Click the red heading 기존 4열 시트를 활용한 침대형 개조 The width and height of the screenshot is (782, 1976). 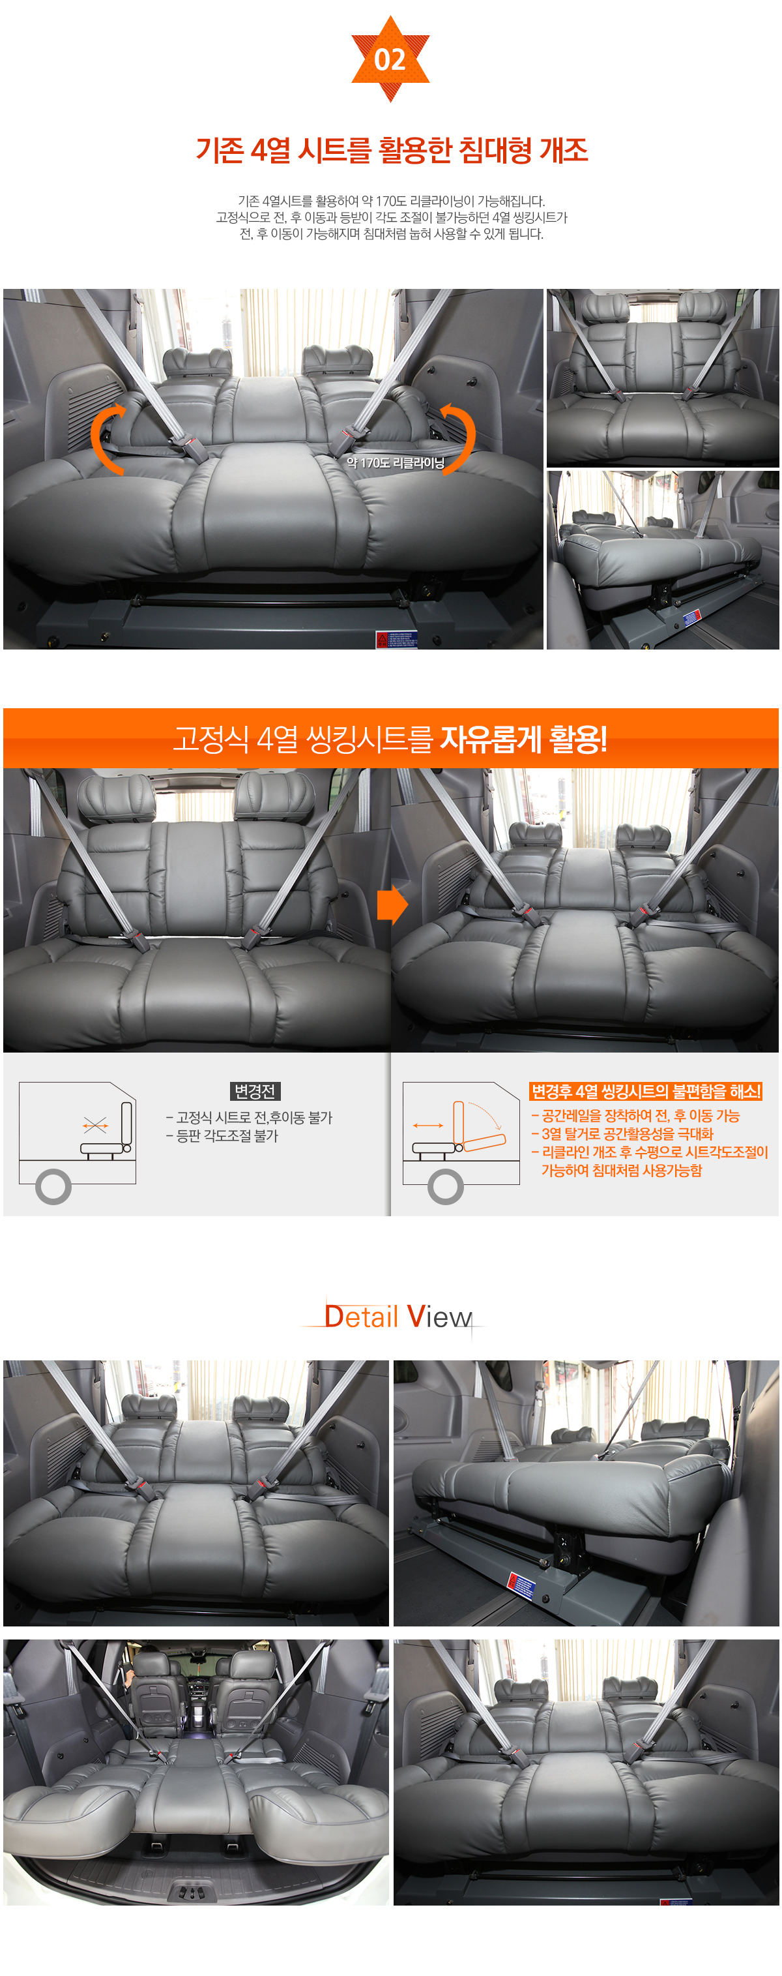click(392, 149)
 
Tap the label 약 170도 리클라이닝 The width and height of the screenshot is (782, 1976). click(395, 462)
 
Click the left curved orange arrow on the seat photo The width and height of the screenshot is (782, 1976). click(107, 438)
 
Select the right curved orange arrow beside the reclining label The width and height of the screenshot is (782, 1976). click(459, 438)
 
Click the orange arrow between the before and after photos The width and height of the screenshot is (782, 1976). click(392, 905)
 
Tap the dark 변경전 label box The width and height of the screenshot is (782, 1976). click(255, 1091)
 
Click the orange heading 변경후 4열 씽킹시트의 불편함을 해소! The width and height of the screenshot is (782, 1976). click(646, 1091)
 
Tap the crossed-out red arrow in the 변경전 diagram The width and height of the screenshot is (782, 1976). click(95, 1126)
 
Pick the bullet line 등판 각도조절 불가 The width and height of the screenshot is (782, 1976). click(222, 1135)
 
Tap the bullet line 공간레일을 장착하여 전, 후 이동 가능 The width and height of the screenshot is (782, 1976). click(635, 1115)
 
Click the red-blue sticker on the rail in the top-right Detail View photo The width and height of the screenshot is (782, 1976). click(521, 1585)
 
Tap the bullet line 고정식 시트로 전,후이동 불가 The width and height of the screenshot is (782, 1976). click(249, 1117)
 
